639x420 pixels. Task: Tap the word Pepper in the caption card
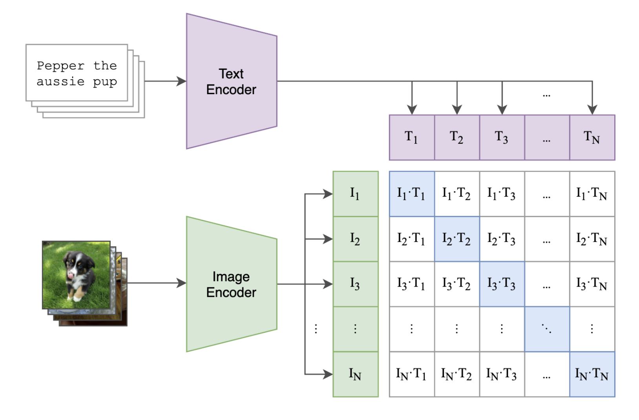click(60, 66)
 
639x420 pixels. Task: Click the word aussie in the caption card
click(60, 81)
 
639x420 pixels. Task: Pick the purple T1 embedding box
click(412, 137)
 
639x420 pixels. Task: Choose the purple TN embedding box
click(592, 137)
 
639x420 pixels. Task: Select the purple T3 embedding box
click(502, 137)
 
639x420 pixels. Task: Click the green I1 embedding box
click(355, 194)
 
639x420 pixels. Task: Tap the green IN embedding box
click(355, 374)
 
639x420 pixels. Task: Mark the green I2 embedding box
click(355, 239)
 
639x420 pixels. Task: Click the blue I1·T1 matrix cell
click(412, 194)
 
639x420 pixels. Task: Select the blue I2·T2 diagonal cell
click(457, 239)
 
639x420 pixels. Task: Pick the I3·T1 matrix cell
click(412, 284)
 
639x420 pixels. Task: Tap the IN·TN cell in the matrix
click(592, 374)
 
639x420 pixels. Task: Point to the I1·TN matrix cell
click(592, 194)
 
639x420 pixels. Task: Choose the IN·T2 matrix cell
click(457, 374)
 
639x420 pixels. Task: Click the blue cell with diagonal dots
click(547, 329)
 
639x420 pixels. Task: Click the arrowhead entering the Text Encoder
click(181, 81)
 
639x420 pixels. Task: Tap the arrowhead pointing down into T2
click(457, 110)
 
